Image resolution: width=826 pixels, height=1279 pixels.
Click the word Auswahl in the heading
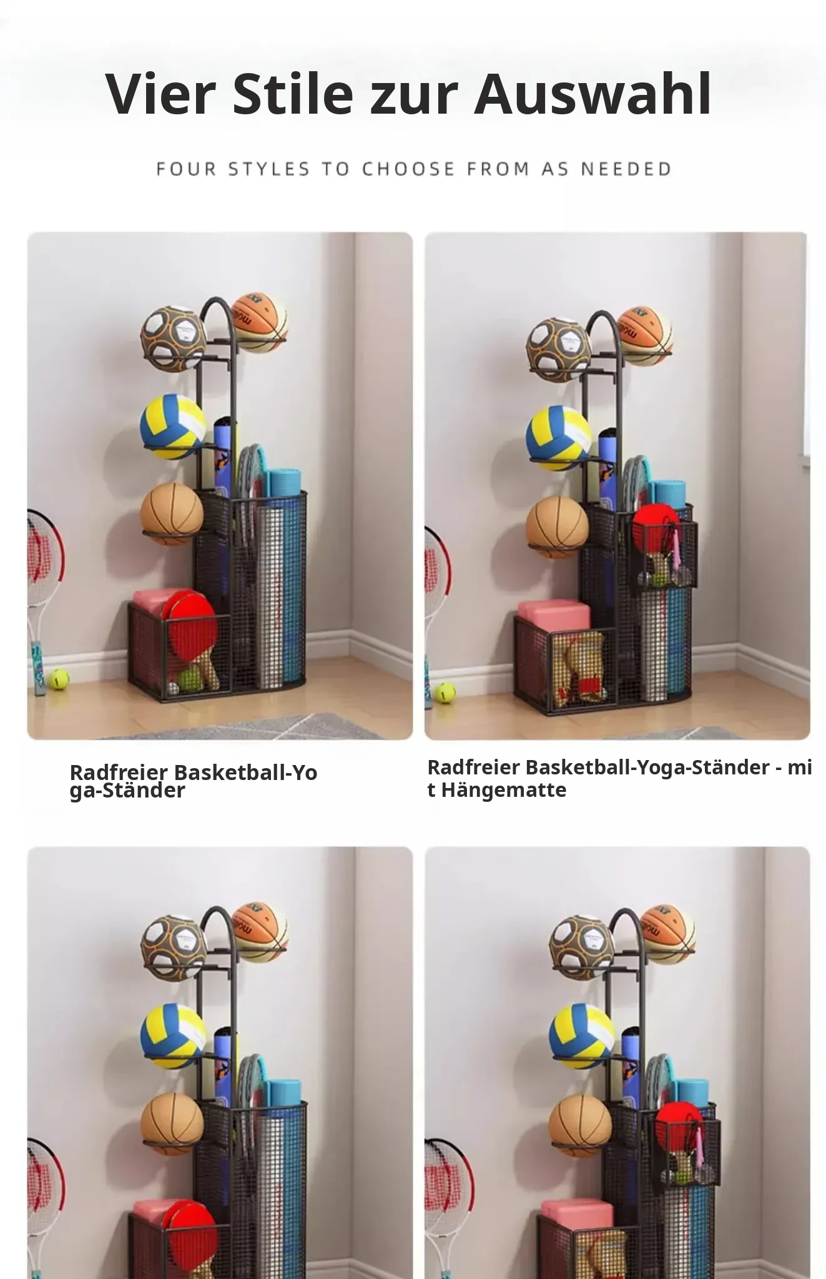[592, 94]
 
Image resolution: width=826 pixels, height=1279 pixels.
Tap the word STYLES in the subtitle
[268, 169]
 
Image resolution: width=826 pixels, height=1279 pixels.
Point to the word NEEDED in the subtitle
[626, 169]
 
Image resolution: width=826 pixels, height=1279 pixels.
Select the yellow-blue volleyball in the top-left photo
[173, 427]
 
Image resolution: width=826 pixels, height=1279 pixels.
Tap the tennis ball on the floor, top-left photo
[58, 679]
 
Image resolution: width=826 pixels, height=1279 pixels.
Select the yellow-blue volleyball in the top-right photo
[559, 438]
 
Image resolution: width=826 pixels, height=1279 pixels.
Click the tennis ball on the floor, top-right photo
[445, 692]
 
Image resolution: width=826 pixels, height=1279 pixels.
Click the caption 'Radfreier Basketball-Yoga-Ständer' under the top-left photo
[194, 781]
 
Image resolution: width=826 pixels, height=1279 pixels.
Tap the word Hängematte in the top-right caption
[504, 790]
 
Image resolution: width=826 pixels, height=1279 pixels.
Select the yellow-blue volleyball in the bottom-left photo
[173, 1037]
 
